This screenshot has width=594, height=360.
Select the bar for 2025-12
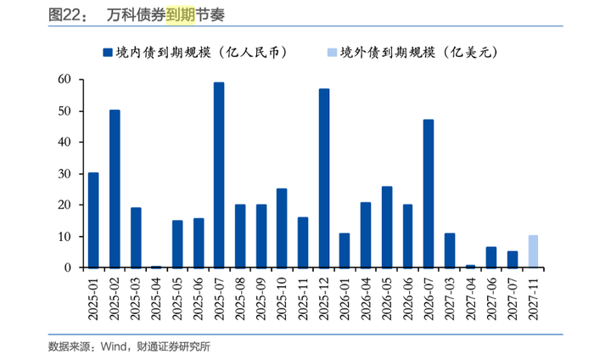[x=324, y=178]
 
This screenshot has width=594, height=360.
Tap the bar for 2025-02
[x=115, y=188]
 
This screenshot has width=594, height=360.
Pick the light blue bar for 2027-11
[x=533, y=251]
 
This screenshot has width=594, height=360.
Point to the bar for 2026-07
[x=429, y=194]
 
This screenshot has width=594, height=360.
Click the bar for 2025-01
[x=93, y=220]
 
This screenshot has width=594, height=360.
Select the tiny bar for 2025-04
[x=156, y=267]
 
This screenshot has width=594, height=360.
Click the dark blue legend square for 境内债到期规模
[x=107, y=52]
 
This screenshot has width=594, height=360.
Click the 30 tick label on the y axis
[x=64, y=174]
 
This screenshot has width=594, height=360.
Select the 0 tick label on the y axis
[x=68, y=267]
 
